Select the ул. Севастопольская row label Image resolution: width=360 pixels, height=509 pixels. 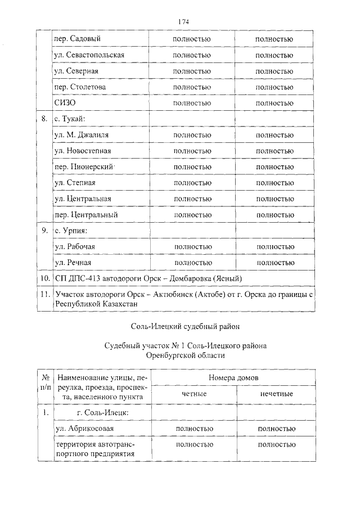click(x=89, y=55)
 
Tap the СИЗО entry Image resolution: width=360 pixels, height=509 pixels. click(x=65, y=103)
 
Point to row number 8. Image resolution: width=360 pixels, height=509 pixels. click(x=44, y=119)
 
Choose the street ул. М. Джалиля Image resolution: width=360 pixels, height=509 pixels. click(x=82, y=136)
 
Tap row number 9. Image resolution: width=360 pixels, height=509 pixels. click(x=44, y=231)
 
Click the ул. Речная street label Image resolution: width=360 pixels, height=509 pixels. click(x=73, y=263)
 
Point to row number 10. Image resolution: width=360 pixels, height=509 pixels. click(x=44, y=278)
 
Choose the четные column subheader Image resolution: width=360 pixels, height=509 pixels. click(x=194, y=394)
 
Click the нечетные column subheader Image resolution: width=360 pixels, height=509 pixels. click(x=276, y=394)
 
